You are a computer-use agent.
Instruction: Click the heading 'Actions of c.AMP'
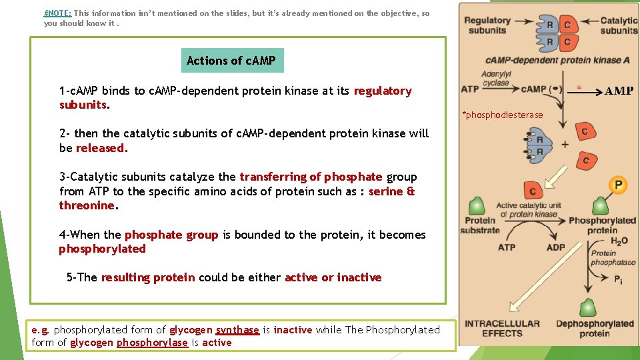tap(232, 61)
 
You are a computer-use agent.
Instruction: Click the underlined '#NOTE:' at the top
tap(58, 13)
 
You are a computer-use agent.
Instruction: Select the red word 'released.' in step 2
tap(101, 149)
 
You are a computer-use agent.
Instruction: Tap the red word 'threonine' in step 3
tap(87, 206)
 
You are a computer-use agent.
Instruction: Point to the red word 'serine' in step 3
tap(385, 191)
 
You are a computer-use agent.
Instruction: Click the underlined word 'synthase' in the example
tap(237, 330)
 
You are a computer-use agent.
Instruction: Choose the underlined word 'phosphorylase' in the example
tap(152, 343)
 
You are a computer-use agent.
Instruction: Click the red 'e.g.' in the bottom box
tap(41, 330)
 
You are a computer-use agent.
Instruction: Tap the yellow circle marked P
tap(618, 185)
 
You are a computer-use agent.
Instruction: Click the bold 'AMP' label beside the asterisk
tap(619, 91)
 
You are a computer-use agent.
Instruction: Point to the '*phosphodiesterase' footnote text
tap(503, 115)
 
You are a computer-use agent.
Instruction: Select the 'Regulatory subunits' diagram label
tap(487, 25)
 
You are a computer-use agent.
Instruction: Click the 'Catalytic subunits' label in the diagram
tap(619, 25)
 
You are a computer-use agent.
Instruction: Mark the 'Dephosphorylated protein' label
tap(595, 329)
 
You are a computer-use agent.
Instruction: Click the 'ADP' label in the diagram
tap(555, 247)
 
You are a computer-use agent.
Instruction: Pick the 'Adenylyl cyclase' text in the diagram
tap(495, 79)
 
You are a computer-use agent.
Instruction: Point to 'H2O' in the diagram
tap(619, 241)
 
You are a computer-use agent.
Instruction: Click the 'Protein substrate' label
tap(480, 225)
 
